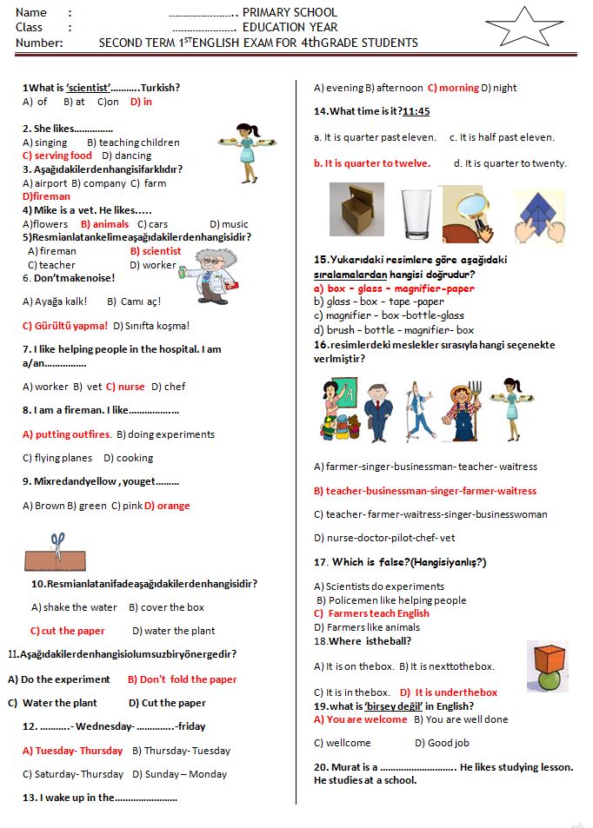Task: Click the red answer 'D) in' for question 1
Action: [141, 102]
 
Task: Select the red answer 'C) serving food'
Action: [57, 156]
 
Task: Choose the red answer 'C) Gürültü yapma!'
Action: [65, 326]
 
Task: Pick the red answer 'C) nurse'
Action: [126, 387]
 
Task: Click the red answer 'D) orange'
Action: [167, 506]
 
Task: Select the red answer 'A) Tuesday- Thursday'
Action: [73, 751]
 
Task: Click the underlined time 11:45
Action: [416, 111]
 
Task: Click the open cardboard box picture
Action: [356, 212]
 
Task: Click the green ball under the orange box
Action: [548, 679]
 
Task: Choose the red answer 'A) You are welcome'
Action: [360, 719]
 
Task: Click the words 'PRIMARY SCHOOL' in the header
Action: [290, 13]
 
